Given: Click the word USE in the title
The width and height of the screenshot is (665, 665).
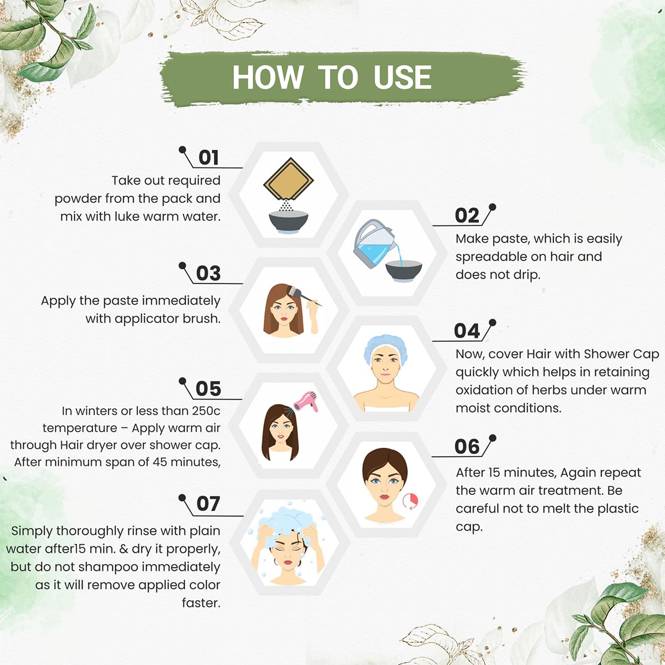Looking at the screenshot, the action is point(402,77).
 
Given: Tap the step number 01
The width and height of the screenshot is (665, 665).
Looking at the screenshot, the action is point(208,158).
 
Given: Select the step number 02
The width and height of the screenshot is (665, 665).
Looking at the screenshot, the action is point(467,216).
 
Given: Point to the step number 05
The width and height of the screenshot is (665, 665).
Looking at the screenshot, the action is point(208,389).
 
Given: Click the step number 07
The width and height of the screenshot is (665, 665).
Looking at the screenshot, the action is point(208,504).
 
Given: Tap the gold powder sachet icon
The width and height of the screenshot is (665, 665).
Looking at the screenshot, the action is point(288,180).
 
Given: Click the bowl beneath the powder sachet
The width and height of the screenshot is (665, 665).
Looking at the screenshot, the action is point(289,222).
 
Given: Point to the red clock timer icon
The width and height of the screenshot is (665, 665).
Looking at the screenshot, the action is point(411,501).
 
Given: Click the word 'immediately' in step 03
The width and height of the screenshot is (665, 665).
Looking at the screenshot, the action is point(181,301).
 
